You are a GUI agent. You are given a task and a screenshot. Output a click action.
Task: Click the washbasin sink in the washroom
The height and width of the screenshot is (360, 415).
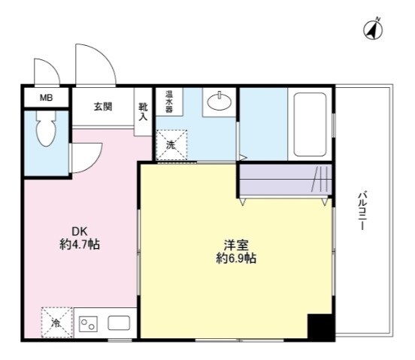pyautogui.click(x=219, y=103)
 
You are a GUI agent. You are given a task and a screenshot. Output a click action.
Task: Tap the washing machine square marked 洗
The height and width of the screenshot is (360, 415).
pyautogui.click(x=171, y=145)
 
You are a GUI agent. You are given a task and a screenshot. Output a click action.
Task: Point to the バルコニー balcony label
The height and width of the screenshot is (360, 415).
pyautogui.click(x=362, y=210)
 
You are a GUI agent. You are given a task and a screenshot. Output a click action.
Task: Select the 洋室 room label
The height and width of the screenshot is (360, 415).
pyautogui.click(x=236, y=244)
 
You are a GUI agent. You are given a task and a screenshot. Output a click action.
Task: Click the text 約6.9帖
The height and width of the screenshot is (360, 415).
pyautogui.click(x=236, y=259)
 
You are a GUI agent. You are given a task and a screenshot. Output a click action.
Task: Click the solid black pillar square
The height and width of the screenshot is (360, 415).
pyautogui.click(x=319, y=327)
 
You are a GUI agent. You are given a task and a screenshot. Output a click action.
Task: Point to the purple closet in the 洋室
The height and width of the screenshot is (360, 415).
pyautogui.click(x=285, y=180)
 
